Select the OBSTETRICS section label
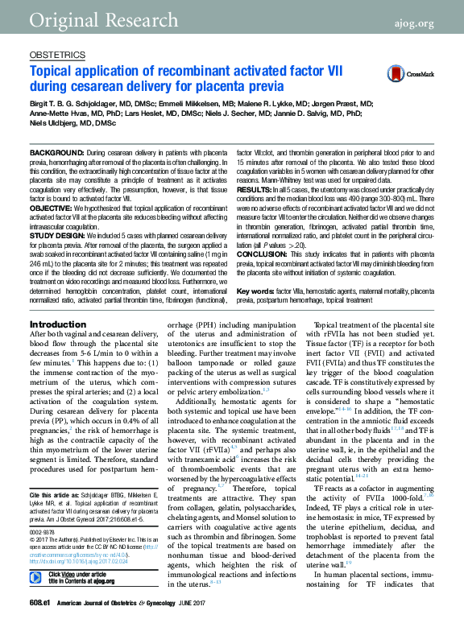point(56,56)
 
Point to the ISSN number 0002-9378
point(41,531)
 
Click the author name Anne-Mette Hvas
point(57,113)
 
